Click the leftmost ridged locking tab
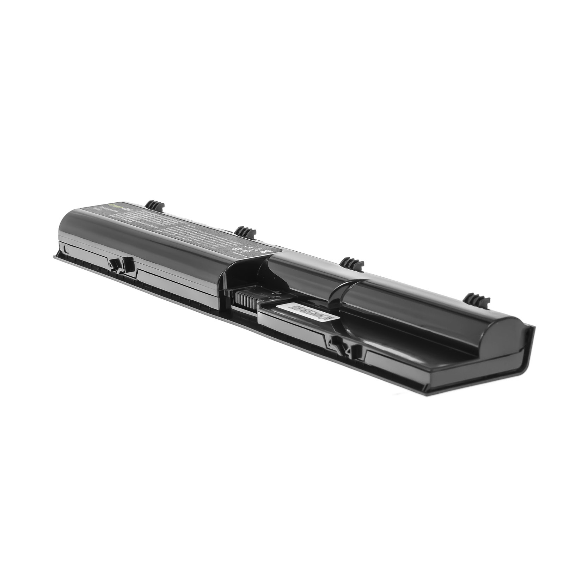point(155,205)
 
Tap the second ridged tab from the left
point(245,232)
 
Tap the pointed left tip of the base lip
point(55,257)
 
